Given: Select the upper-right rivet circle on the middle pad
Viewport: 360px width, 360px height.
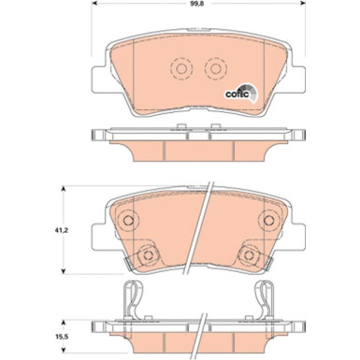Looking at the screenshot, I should (272, 221).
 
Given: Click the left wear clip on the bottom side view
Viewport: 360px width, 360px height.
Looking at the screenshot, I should (133, 301).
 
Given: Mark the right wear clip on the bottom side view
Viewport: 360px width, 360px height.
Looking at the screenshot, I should (265, 301).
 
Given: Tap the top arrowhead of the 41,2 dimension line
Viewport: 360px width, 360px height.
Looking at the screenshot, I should (64, 190).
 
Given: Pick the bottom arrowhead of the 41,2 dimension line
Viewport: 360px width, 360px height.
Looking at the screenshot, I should (64, 270).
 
